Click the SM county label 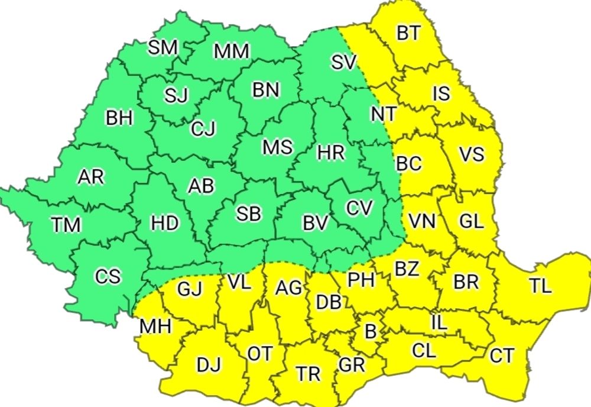click(163, 47)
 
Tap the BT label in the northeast click(408, 33)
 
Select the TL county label click(540, 286)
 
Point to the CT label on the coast click(502, 356)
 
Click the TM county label click(66, 225)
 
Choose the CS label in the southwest click(108, 276)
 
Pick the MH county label click(155, 326)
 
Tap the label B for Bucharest click(371, 331)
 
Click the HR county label click(330, 153)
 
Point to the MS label click(277, 147)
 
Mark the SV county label click(344, 62)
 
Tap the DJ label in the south click(209, 366)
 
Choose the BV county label click(315, 223)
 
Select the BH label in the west click(120, 118)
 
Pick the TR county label click(308, 373)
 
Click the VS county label click(471, 155)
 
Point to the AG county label click(290, 289)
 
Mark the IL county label click(439, 323)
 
